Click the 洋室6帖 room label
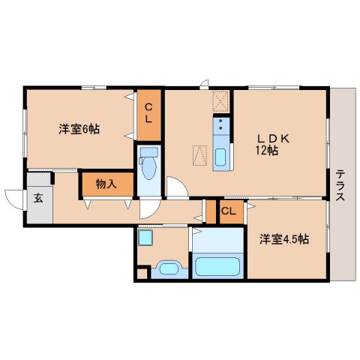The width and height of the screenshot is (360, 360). [x=79, y=128]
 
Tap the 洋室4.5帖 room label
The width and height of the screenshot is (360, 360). [x=284, y=240]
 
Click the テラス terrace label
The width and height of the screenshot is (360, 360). [x=341, y=183]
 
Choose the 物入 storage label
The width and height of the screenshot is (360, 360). [x=106, y=184]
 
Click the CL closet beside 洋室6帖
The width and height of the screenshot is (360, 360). [x=148, y=113]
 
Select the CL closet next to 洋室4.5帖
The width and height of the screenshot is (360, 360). [x=229, y=211]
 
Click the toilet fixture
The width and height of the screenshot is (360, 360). [x=148, y=167]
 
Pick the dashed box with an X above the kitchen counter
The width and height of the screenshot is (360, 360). [x=220, y=100]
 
